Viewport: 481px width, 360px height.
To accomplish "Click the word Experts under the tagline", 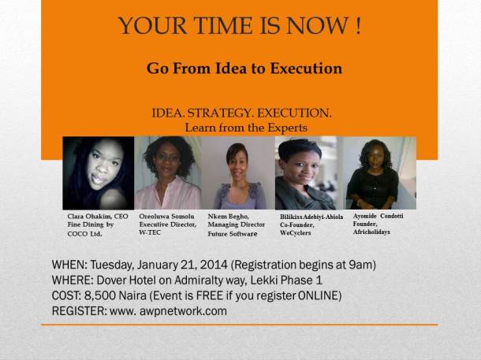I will point(282,127).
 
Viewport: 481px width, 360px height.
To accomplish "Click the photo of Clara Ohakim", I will point(98,173).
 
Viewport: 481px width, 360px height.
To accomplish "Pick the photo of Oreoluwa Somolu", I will point(167,173).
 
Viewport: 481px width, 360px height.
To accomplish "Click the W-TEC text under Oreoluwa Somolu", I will point(151,232).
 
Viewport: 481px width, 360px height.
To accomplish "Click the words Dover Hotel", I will point(132,280).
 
